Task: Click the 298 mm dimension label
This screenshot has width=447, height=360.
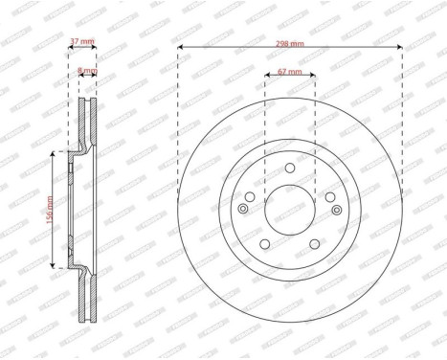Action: (290, 44)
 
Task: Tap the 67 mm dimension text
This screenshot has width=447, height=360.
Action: (289, 72)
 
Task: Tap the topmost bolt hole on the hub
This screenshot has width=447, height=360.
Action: (290, 169)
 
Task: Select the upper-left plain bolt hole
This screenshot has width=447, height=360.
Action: (251, 196)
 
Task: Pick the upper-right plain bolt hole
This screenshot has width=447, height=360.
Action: (329, 196)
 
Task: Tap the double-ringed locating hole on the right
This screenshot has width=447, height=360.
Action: (336, 211)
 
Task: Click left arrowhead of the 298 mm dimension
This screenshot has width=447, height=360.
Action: (180, 49)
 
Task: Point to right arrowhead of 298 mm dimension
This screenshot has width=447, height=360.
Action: (400, 49)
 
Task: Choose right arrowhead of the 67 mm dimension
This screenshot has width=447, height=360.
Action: (314, 77)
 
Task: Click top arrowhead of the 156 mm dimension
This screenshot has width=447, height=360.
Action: (56, 153)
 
